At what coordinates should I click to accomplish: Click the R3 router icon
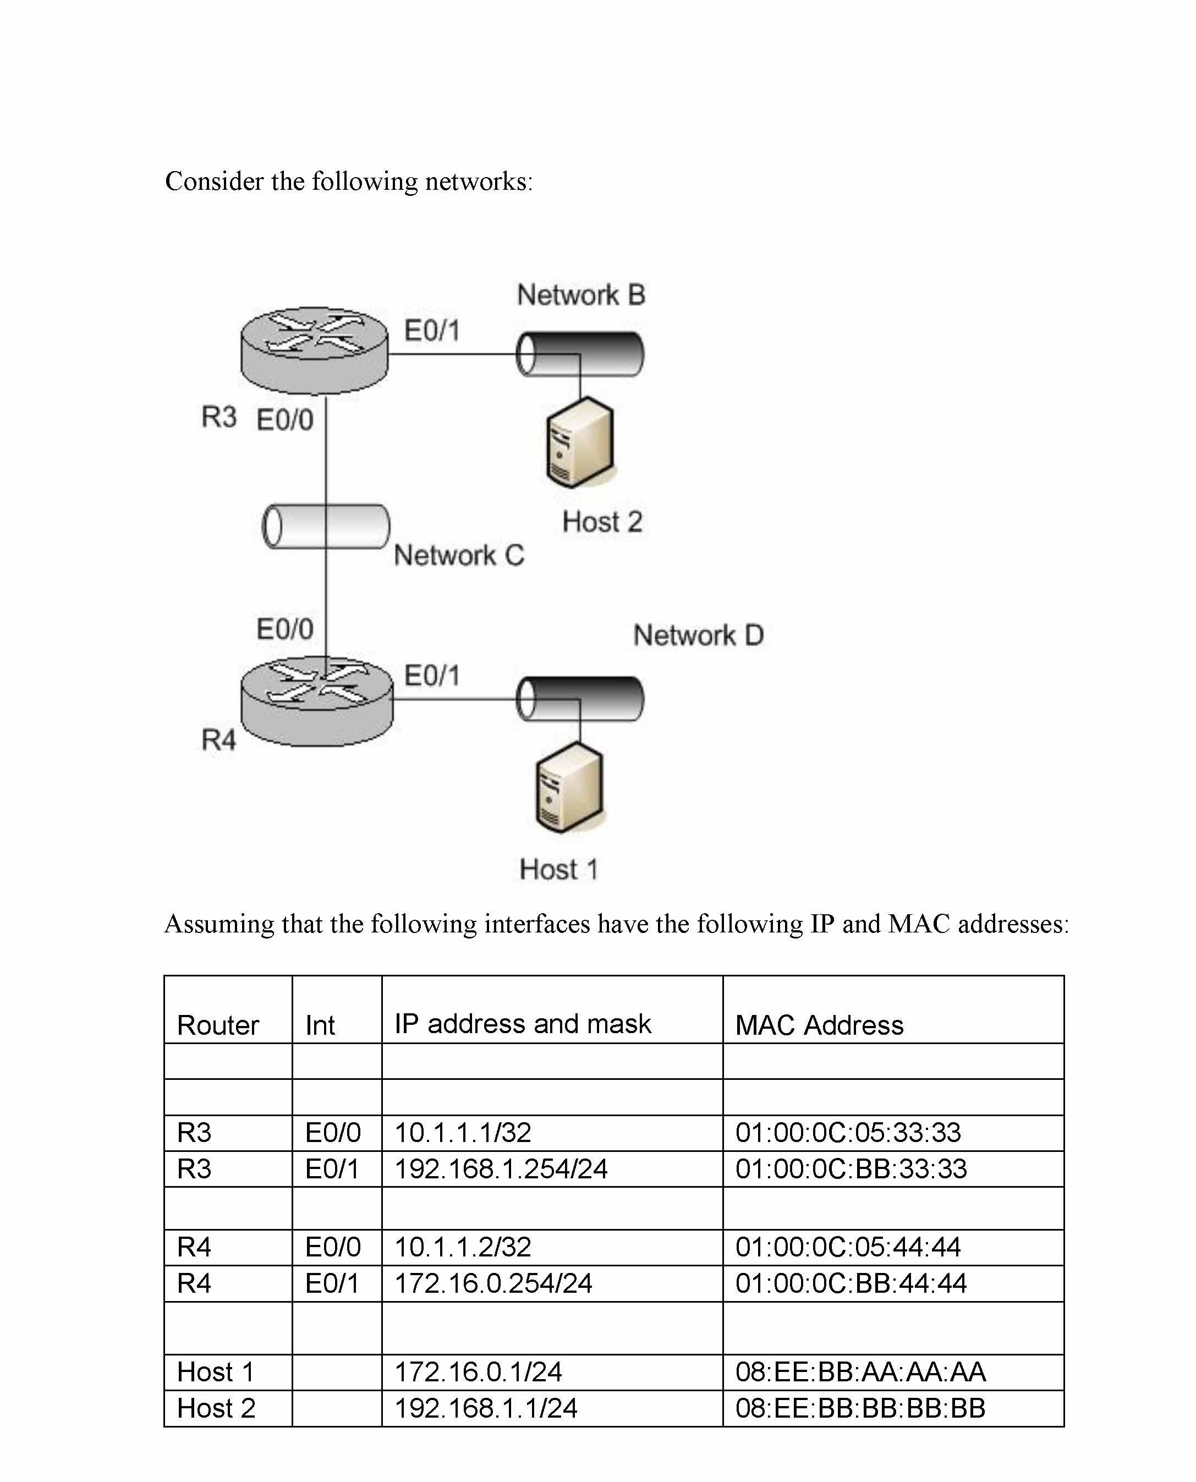314,350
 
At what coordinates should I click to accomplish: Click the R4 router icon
317,701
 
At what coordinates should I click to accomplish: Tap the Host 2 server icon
579,442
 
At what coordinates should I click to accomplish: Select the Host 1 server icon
569,788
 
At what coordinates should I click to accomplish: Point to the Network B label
581,295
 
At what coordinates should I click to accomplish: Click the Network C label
459,555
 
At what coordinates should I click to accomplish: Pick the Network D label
698,635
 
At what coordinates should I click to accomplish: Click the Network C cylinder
326,526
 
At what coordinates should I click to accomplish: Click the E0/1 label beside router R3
431,331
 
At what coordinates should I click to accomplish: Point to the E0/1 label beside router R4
431,675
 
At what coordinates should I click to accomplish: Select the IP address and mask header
522,1024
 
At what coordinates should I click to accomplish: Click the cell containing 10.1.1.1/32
463,1133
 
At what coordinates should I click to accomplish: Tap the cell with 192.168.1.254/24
501,1168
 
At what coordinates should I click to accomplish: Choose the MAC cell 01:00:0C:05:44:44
847,1247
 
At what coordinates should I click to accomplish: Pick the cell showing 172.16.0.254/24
493,1283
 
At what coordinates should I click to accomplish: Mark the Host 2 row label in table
216,1408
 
